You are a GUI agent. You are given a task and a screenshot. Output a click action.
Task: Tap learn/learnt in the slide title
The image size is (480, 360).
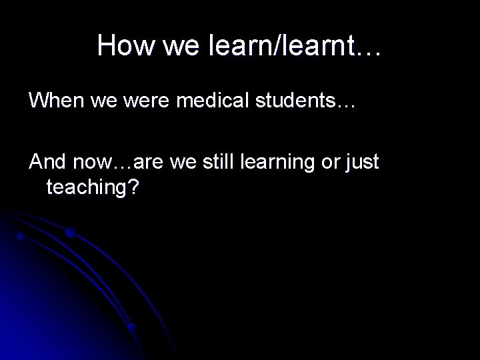click(x=291, y=45)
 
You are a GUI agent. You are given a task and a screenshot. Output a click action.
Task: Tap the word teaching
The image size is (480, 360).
click(x=86, y=188)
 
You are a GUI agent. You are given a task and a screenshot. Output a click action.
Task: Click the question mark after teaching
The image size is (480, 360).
click(x=134, y=188)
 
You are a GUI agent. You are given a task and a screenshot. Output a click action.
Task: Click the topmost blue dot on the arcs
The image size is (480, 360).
click(x=70, y=233)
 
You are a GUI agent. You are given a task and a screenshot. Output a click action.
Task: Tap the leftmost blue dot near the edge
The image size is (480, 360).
click(x=21, y=236)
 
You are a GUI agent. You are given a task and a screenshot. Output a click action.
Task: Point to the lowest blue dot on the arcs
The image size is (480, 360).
click(x=132, y=327)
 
